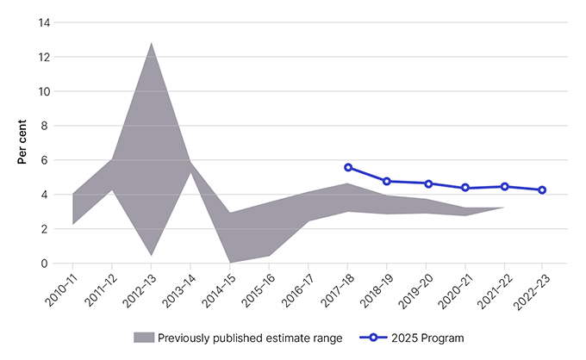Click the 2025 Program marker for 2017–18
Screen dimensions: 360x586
pyautogui.click(x=347, y=167)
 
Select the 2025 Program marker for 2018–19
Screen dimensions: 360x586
pyautogui.click(x=387, y=181)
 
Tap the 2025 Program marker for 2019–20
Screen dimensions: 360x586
pyautogui.click(x=426, y=183)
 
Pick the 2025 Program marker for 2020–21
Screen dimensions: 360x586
pyautogui.click(x=465, y=188)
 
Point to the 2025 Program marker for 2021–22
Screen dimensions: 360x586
pyautogui.click(x=504, y=186)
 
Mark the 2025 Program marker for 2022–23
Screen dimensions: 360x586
pyautogui.click(x=542, y=189)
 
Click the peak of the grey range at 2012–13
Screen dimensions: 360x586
pyautogui.click(x=152, y=42)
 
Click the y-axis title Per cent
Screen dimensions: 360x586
pyautogui.click(x=22, y=142)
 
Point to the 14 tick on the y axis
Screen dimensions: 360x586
pyautogui.click(x=44, y=22)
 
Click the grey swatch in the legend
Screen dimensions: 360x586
pyautogui.click(x=144, y=337)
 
